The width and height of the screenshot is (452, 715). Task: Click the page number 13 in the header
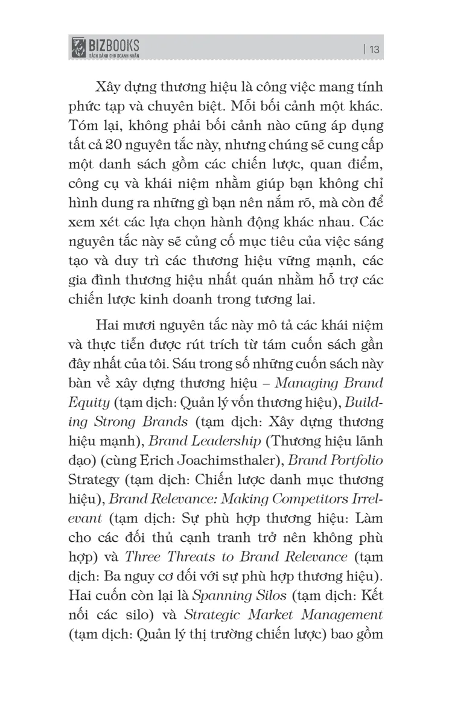tap(373, 49)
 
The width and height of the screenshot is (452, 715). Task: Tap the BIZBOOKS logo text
tap(115, 45)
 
